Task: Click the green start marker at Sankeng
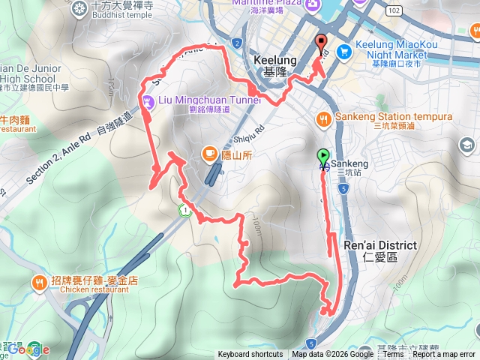pos(323,156)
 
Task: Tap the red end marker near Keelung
pos(322,43)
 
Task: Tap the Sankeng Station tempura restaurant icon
pos(324,118)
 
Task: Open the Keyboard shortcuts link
pos(250,355)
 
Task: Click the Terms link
pos(394,355)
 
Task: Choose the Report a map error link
pos(444,355)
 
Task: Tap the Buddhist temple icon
pos(80,10)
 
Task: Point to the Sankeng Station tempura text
pos(394,117)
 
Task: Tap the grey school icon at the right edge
pos(467,145)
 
